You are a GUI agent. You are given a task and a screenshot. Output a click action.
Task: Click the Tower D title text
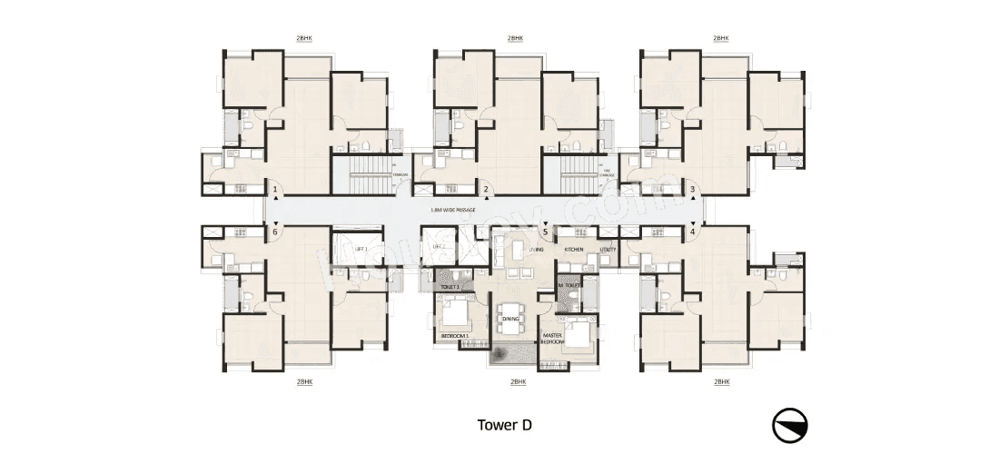(505, 424)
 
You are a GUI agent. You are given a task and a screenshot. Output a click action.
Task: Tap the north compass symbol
(791, 426)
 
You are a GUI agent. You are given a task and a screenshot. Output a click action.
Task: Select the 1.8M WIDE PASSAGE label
(453, 210)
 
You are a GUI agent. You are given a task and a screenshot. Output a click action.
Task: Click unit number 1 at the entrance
(275, 190)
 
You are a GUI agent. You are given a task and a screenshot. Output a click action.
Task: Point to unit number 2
(487, 190)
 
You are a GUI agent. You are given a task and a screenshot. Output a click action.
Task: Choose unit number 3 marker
(693, 190)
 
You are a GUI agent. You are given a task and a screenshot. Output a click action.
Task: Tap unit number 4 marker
(693, 232)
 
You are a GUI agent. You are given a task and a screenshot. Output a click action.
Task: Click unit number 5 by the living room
(545, 232)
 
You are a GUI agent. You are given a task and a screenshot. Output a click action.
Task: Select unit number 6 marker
(275, 232)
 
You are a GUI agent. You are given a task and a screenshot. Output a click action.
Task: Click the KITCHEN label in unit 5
(574, 248)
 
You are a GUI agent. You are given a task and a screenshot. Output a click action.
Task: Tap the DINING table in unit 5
(509, 319)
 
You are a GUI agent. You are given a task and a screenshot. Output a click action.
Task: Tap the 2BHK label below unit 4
(720, 383)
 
